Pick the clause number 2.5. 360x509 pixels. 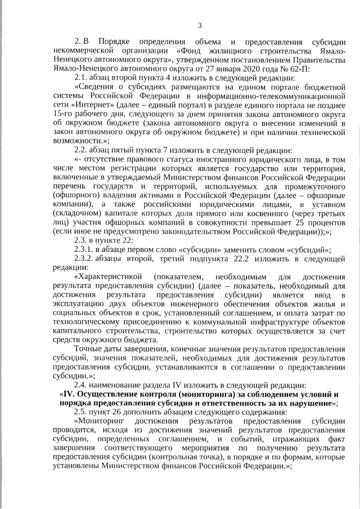(82, 412)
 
